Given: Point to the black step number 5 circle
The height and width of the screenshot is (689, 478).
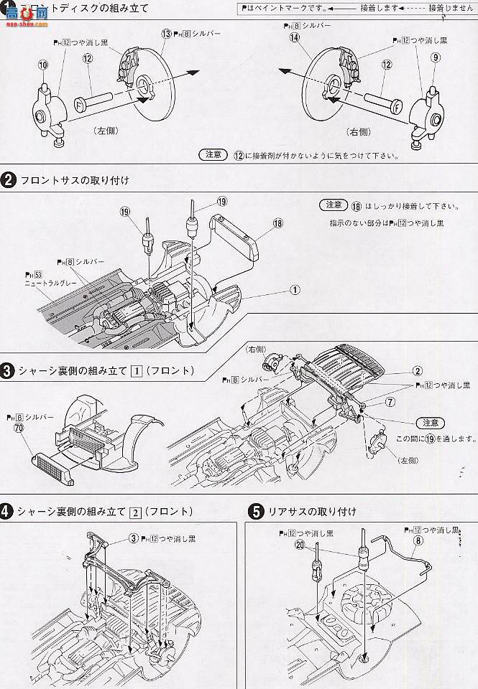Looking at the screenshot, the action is (254, 512).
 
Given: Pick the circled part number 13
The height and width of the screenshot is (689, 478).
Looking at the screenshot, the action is (167, 34).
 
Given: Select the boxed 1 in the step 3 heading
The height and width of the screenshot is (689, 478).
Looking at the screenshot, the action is (134, 370).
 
